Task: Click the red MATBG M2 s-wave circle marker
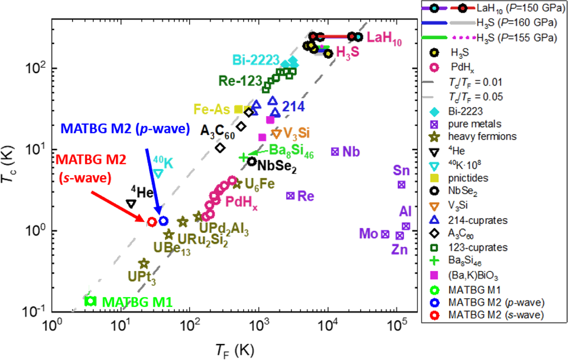(x=152, y=222)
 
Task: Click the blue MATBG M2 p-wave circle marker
(x=163, y=221)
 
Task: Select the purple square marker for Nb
(x=335, y=152)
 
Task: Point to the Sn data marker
(x=401, y=185)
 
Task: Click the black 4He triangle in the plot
(x=131, y=204)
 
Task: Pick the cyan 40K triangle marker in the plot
(x=158, y=173)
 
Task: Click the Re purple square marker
(x=290, y=196)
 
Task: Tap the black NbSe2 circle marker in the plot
(x=252, y=161)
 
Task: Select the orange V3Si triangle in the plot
(x=276, y=134)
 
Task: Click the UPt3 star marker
(x=144, y=264)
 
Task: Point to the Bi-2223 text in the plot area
(x=256, y=60)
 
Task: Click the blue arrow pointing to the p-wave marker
(x=153, y=180)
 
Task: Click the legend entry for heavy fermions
(x=482, y=136)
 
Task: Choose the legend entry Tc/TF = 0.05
(x=475, y=97)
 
